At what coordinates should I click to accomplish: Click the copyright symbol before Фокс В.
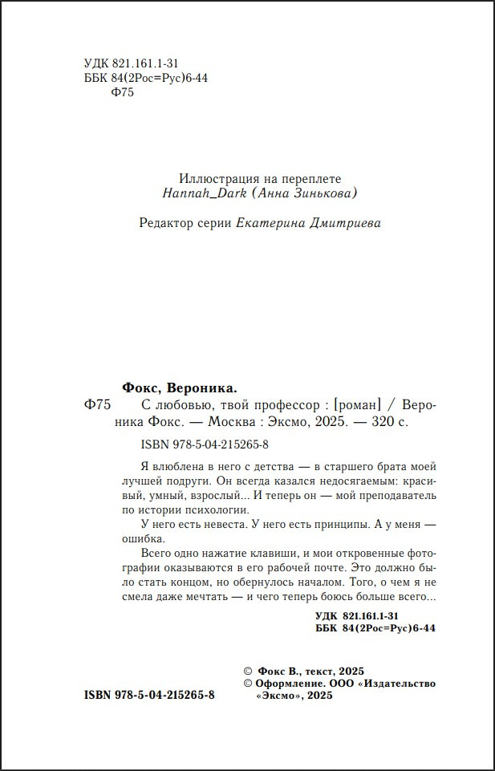pyautogui.click(x=247, y=670)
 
